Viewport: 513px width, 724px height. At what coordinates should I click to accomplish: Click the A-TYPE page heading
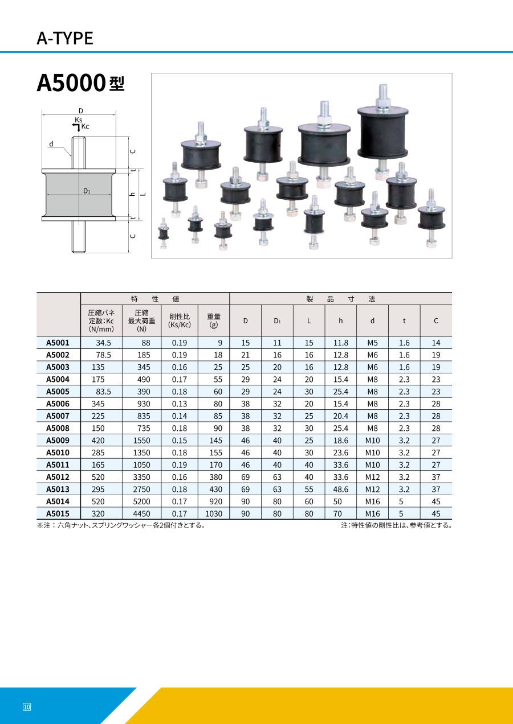(65, 38)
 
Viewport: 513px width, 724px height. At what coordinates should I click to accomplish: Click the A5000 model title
(80, 83)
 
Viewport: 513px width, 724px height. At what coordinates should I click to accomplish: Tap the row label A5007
(58, 416)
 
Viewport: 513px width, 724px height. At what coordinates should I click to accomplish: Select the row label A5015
(58, 513)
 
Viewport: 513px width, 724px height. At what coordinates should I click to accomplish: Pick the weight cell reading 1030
(214, 513)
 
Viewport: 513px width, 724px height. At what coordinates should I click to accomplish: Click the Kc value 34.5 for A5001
(103, 343)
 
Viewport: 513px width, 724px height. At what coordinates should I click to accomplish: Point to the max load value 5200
(141, 501)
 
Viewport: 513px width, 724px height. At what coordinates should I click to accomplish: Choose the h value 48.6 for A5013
(340, 489)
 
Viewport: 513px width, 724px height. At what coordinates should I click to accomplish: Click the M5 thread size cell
(372, 343)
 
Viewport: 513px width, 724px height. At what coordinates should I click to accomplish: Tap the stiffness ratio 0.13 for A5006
(180, 404)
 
